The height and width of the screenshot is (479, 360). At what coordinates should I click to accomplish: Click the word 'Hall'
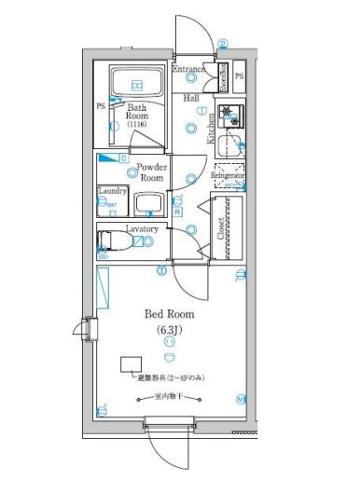tap(191, 97)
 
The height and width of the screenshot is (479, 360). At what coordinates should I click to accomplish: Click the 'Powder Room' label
tap(152, 172)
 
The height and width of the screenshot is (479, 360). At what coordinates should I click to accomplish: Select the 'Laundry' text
tap(112, 191)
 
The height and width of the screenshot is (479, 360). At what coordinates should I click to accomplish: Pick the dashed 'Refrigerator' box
tap(228, 177)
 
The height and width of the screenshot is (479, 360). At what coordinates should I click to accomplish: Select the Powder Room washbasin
tap(148, 203)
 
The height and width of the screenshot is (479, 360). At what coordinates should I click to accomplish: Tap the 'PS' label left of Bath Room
tap(101, 106)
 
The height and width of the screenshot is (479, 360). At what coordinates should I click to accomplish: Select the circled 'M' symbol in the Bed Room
tap(242, 400)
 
